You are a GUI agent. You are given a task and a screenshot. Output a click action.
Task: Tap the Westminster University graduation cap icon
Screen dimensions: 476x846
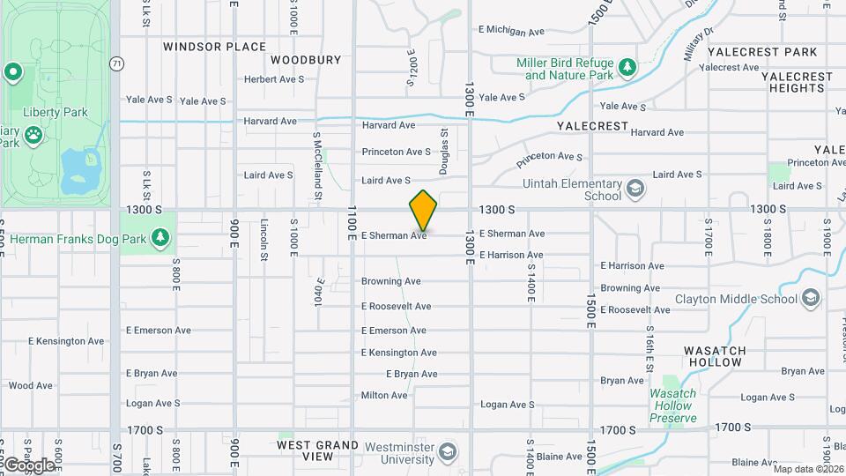pos(449,451)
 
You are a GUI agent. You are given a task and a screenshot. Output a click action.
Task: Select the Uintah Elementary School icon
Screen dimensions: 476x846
pos(634,189)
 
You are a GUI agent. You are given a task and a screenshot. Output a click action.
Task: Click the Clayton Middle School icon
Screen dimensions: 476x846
pos(811,299)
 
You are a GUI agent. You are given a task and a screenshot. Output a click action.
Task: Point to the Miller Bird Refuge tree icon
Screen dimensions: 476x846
pos(627,67)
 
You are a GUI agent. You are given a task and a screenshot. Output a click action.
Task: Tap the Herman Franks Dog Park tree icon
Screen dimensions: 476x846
pos(160,237)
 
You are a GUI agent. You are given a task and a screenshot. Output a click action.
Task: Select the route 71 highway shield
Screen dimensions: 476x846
pos(116,63)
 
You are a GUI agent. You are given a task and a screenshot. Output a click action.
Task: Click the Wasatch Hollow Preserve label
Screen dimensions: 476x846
pos(673,405)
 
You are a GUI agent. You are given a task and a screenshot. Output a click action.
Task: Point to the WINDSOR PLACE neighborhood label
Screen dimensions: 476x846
pos(214,47)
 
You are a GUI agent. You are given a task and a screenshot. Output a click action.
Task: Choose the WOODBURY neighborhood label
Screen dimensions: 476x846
pos(306,60)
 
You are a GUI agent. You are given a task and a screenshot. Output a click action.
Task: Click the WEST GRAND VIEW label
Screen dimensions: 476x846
pos(317,450)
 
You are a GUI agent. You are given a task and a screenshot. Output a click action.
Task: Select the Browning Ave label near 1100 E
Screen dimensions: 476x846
pos(390,282)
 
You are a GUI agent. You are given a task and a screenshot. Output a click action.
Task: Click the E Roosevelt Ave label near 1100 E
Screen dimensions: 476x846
pos(396,307)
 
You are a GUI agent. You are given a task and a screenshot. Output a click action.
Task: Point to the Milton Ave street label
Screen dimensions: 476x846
pos(384,396)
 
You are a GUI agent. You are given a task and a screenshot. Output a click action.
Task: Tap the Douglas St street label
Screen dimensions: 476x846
pos(445,152)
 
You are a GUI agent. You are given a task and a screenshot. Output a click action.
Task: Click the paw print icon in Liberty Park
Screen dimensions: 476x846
pos(33,135)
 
